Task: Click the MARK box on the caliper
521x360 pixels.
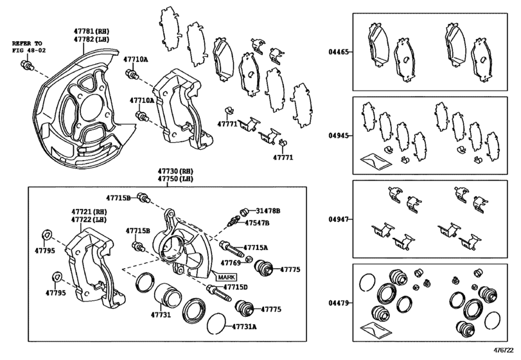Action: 225,277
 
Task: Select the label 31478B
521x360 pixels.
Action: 269,211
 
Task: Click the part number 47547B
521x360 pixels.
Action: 256,222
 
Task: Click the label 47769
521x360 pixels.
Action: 231,262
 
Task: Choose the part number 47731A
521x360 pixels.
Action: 244,327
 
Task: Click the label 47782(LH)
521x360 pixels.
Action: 91,39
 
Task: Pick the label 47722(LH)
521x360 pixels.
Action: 89,219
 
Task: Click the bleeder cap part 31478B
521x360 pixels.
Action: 243,212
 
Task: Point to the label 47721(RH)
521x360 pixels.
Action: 89,211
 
